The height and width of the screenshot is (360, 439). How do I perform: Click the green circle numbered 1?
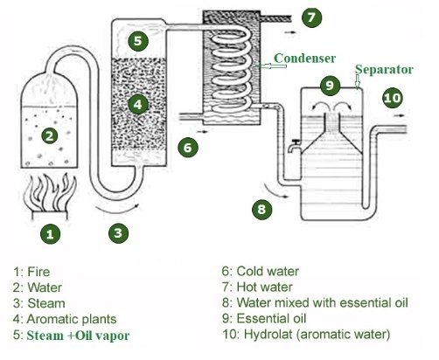tap(51, 234)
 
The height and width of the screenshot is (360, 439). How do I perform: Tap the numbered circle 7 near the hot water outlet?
tap(311, 17)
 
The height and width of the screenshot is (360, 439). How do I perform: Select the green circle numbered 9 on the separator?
tap(330, 86)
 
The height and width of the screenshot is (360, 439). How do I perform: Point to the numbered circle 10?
tap(393, 98)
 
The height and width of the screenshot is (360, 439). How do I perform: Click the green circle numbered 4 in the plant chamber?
tap(138, 104)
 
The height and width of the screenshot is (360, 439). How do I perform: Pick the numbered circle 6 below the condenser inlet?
tap(188, 148)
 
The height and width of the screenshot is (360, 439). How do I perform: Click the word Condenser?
tap(304, 59)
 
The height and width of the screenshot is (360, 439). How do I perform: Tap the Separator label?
tap(384, 70)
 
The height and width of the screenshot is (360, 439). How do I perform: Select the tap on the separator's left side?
tap(294, 146)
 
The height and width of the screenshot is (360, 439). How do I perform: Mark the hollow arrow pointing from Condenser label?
tap(270, 66)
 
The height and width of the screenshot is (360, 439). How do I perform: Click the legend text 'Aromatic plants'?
tap(72, 319)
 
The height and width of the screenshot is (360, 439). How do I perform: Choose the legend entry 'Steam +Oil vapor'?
tap(78, 336)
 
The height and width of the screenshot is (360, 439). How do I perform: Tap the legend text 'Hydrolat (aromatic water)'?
tap(317, 334)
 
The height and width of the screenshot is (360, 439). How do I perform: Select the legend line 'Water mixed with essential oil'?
tap(322, 302)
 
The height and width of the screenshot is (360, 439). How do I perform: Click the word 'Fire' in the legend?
tap(38, 272)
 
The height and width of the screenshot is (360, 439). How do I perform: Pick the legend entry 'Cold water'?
tap(268, 271)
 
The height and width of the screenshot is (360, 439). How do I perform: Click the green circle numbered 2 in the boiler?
tap(50, 135)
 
